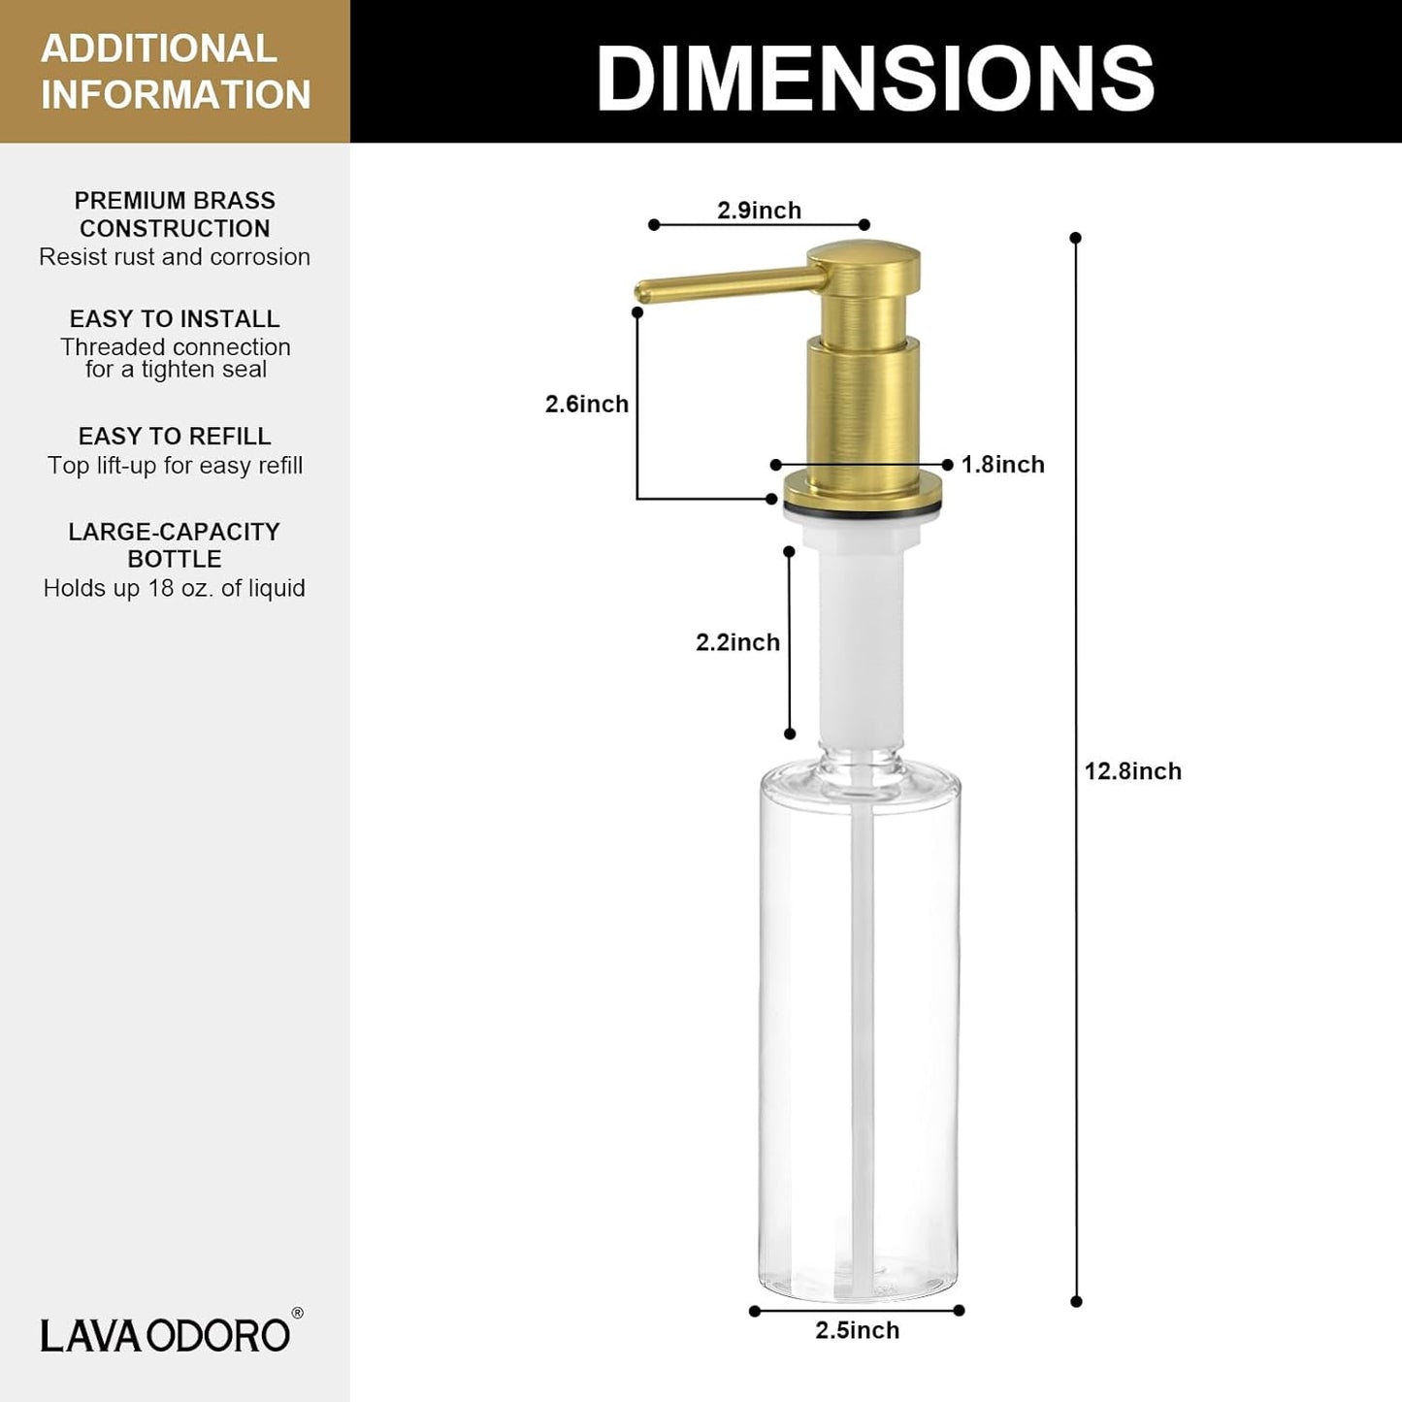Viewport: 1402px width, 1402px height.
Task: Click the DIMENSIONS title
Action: (x=874, y=78)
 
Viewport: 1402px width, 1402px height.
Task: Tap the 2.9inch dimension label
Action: (x=759, y=211)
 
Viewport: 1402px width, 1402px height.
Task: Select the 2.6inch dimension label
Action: (x=586, y=404)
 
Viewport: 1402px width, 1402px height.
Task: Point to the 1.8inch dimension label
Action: (x=1002, y=465)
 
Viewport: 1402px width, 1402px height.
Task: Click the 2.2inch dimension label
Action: (x=737, y=642)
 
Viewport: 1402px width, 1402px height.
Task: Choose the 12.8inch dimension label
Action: (x=1132, y=771)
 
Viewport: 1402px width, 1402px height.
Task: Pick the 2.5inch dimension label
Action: (x=857, y=1330)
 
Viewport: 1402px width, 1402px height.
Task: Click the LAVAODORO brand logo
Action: (x=165, y=1335)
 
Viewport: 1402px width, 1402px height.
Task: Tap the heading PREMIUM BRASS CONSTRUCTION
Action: (x=175, y=214)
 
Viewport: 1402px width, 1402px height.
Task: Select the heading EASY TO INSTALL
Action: (x=175, y=319)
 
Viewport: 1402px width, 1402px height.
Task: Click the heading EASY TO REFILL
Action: (x=175, y=437)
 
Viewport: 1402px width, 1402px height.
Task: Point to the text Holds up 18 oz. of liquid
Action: (x=175, y=588)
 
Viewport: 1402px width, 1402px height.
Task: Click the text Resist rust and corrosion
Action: (x=175, y=257)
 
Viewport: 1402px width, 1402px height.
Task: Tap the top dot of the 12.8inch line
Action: (x=1075, y=238)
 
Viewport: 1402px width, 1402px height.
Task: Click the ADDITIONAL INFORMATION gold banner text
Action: (x=175, y=72)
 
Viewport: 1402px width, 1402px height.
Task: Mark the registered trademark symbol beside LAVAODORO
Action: (x=297, y=1314)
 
